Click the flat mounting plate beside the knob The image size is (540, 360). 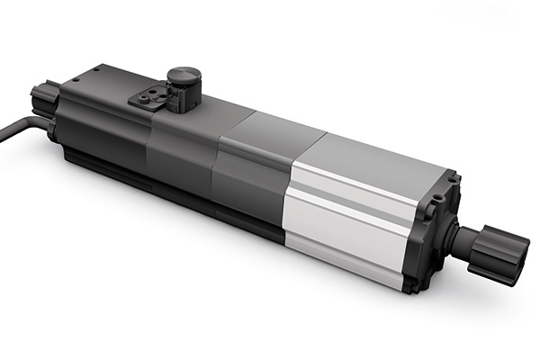point(147,97)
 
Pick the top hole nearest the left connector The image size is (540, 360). point(76,79)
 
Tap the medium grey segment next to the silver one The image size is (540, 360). point(252,180)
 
